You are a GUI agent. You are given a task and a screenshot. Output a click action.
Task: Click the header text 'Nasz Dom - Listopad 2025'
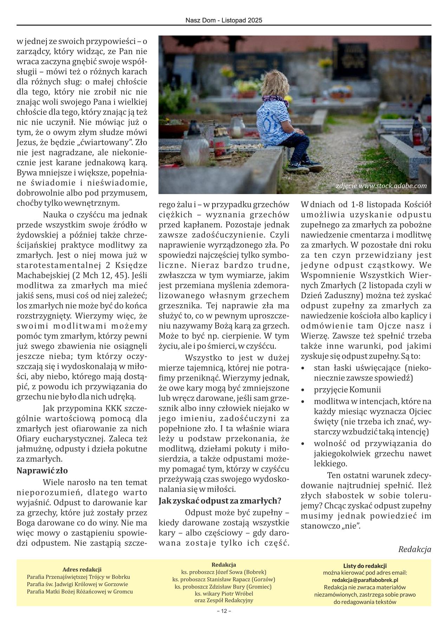pyautogui.click(x=224, y=21)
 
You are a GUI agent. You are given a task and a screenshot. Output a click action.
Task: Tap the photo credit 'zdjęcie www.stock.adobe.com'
pyautogui.click(x=381, y=186)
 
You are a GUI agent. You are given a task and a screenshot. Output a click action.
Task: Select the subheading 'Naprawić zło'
pyautogui.click(x=42, y=470)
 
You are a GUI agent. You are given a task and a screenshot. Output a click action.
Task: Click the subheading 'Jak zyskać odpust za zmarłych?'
pyautogui.click(x=220, y=500)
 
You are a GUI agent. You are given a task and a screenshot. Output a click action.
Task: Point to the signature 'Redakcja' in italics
pyautogui.click(x=415, y=549)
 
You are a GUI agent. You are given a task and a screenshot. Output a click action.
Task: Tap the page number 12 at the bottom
pyautogui.click(x=224, y=621)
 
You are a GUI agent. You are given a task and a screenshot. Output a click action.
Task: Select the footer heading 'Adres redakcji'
pyautogui.click(x=82, y=569)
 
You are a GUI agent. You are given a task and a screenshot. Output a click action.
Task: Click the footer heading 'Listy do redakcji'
pyautogui.click(x=365, y=566)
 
